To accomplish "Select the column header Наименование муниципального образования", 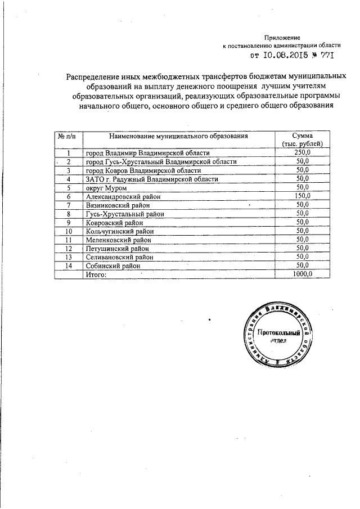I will (x=178, y=136).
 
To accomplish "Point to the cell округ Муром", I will (x=106, y=188).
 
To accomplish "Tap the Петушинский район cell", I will (x=115, y=248).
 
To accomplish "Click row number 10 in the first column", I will (x=69, y=231).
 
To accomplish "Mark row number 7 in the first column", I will (x=69, y=205).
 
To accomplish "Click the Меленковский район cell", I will (x=116, y=240).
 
